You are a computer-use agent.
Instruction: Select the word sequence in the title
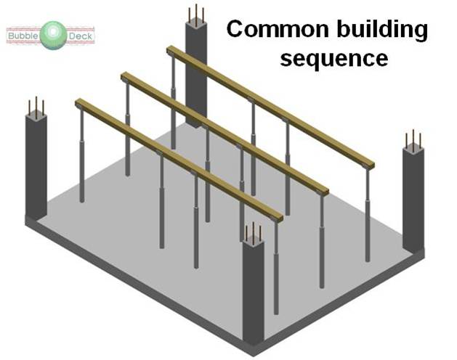coord(333,59)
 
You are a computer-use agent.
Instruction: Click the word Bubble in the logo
coord(23,34)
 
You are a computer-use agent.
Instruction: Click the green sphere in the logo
coord(52,35)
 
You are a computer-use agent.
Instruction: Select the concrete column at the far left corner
coord(36,167)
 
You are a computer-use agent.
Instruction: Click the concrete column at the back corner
coord(195,73)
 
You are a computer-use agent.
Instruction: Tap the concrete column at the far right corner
coord(413,196)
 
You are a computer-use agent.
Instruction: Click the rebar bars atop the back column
coord(195,15)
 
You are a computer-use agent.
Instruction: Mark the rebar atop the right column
coord(413,139)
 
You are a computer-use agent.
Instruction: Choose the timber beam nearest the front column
coord(178,160)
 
